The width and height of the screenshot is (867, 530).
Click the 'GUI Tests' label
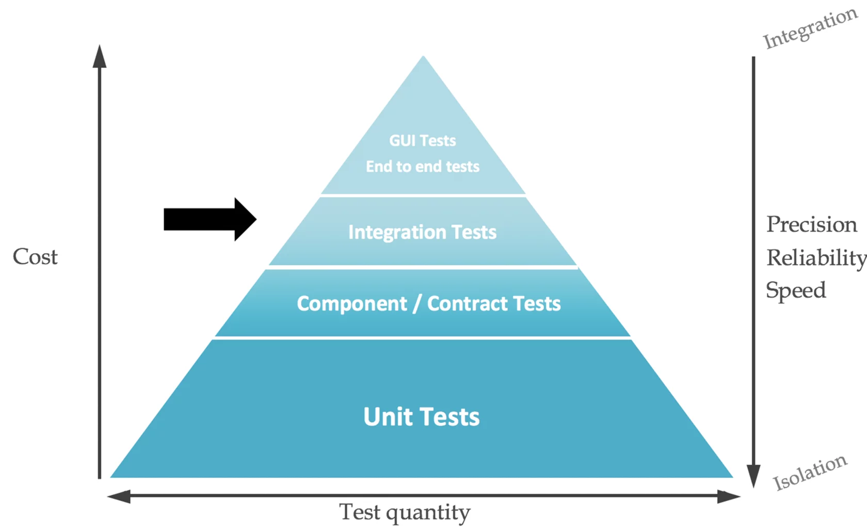422,141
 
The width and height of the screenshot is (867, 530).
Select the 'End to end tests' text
422,167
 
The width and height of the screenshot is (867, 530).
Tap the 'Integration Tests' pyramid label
422,233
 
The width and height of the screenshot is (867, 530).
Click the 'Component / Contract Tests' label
428,304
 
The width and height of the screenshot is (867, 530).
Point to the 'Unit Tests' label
422,417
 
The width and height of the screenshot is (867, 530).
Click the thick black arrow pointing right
210,219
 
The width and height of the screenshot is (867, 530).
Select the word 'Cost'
35,257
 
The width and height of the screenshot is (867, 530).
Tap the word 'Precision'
812,224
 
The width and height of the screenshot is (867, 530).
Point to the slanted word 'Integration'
810,28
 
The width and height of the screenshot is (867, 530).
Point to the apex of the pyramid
423,56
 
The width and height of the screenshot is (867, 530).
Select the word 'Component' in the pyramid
352,304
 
